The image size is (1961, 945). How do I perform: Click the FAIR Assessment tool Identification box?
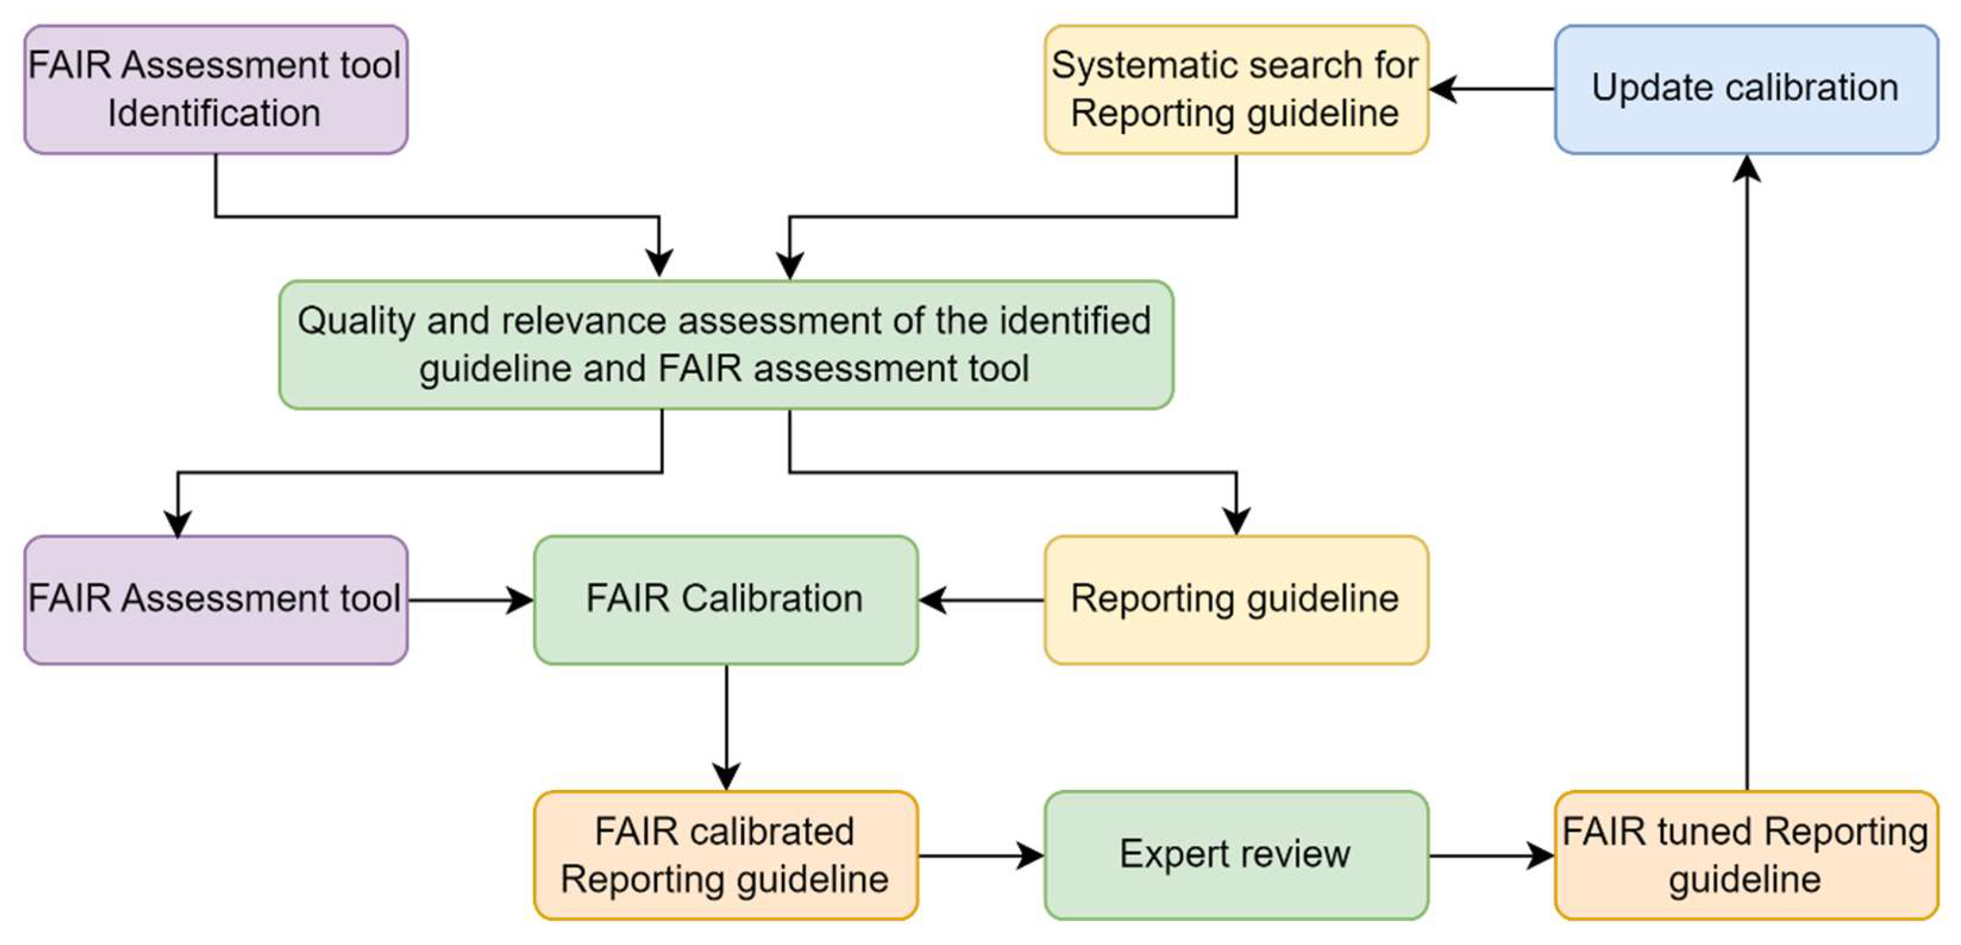click(216, 89)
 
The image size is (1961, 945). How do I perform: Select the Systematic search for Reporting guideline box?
click(1235, 89)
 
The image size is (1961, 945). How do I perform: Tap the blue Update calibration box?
click(1745, 89)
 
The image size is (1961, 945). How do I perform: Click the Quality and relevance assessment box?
click(725, 344)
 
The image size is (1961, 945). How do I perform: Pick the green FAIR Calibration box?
click(725, 599)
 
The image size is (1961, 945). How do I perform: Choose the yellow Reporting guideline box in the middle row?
click(1235, 599)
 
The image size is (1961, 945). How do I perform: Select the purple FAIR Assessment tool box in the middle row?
click(216, 599)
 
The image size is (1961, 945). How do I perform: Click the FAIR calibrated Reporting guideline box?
click(725, 855)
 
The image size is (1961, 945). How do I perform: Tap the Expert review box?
click(1235, 855)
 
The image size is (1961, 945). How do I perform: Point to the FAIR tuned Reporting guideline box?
click(1745, 855)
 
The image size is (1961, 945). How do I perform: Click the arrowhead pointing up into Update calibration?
click(1747, 169)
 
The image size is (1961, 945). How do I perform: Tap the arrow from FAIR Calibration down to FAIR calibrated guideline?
click(726, 727)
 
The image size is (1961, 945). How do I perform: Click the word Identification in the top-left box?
click(214, 113)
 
